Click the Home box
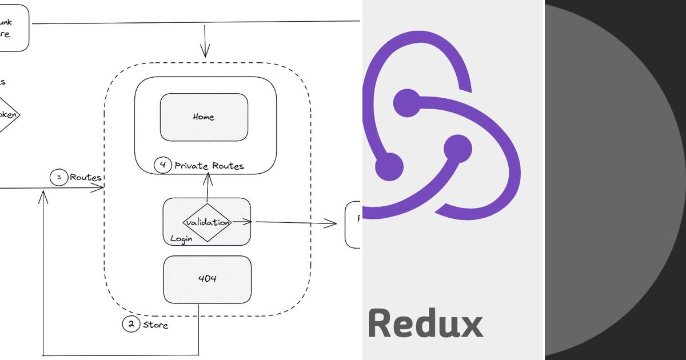point(204,117)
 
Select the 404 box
point(207,279)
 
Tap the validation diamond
point(207,222)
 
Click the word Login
point(181,238)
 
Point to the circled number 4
point(163,166)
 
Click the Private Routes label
point(209,166)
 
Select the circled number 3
point(59,178)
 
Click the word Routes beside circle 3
point(85,178)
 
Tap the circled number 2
point(131,325)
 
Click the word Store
point(155,325)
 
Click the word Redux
point(425,323)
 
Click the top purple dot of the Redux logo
point(407,103)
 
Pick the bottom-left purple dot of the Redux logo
point(389,167)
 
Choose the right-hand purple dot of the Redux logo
point(458,149)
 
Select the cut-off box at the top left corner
point(13,27)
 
